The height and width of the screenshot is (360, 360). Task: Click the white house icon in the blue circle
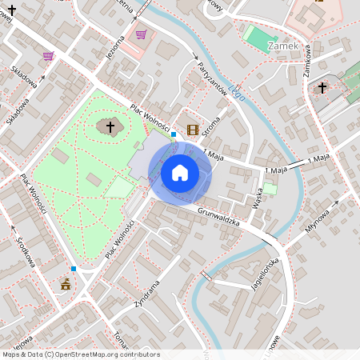(180, 172)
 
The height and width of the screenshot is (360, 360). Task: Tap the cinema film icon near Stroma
(192, 130)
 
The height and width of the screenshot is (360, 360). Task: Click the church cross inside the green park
(110, 126)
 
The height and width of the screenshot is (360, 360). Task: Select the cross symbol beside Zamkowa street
(322, 87)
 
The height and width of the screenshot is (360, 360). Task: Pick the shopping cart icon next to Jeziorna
(142, 34)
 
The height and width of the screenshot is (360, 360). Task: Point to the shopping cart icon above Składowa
(48, 56)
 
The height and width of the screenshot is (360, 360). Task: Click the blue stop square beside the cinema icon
(174, 135)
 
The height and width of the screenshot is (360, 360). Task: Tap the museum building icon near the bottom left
(66, 284)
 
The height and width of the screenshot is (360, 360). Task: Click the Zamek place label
(284, 46)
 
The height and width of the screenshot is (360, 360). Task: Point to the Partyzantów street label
(212, 78)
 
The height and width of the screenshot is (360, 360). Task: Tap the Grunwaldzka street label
(218, 216)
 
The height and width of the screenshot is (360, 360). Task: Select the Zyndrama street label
(146, 294)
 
